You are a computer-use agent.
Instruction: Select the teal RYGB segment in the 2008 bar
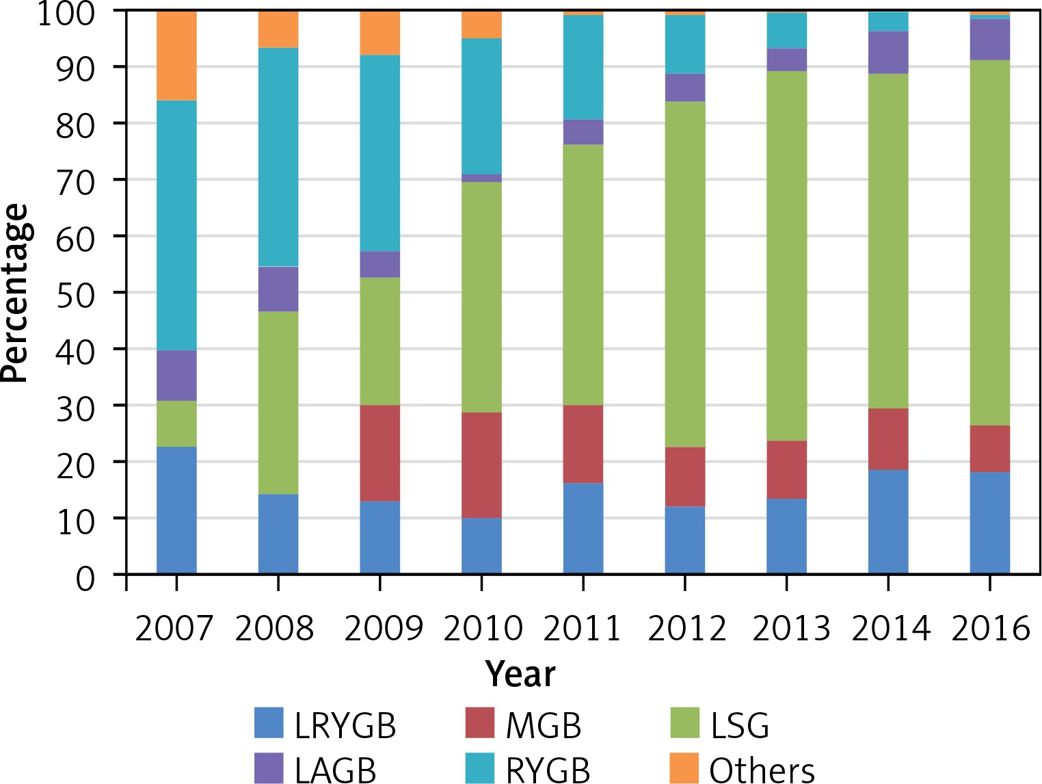[278, 157]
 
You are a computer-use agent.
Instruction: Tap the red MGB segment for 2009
[380, 453]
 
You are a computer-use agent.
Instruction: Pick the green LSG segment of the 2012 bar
[685, 274]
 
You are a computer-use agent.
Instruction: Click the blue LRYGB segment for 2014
[888, 522]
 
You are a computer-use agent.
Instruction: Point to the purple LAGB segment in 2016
[990, 40]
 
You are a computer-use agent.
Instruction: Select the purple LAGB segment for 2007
[176, 376]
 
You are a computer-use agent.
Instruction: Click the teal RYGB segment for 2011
[583, 67]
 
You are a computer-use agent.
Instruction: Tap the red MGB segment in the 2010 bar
[481, 465]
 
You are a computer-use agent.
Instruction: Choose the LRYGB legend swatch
[269, 723]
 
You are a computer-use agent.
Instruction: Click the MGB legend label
[544, 725]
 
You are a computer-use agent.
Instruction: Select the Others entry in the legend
[762, 770]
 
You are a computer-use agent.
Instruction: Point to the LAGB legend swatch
[269, 768]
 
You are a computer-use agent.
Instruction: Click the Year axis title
[520, 674]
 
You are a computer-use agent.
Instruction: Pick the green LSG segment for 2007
[176, 424]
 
